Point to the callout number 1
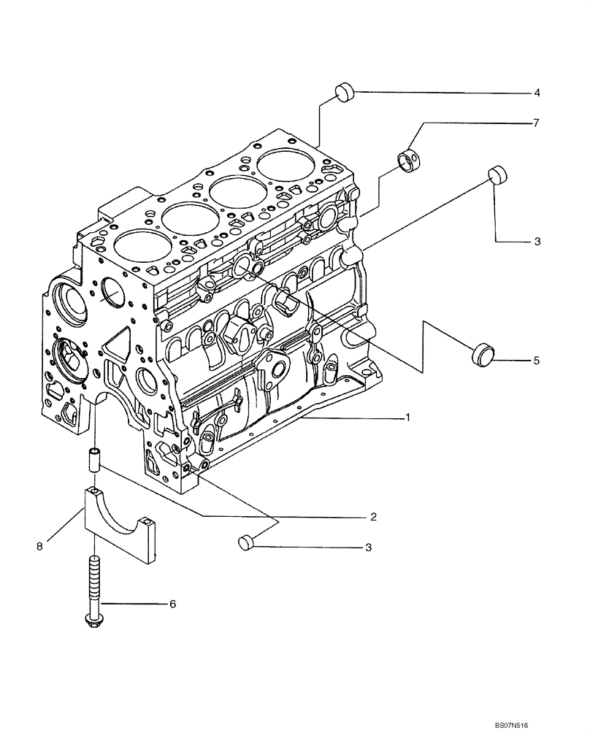pos(408,418)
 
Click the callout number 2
pos(372,516)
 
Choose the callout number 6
pos(172,604)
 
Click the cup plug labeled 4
pos(345,92)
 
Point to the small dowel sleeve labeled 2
pos(94,461)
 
